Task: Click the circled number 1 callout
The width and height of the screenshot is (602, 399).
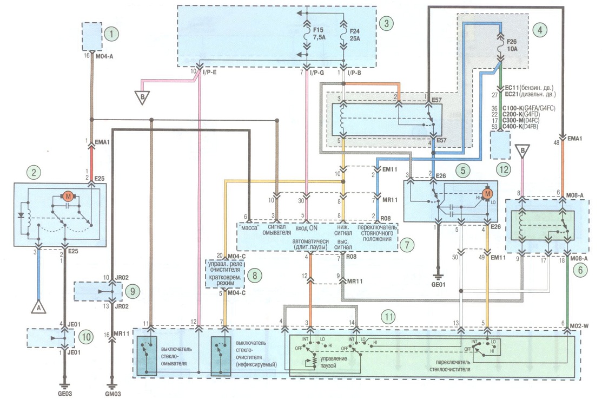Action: coord(111,34)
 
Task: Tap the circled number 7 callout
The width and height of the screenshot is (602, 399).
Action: coord(407,245)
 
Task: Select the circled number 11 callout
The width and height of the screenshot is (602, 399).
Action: coord(388,317)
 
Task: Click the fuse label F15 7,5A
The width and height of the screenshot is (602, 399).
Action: coord(319,34)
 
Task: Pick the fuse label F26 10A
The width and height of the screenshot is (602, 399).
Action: coord(512,45)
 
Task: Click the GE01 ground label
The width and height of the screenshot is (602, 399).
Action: coord(438,285)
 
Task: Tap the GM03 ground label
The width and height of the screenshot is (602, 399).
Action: coord(113,394)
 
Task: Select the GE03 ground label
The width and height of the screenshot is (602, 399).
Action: coord(64,393)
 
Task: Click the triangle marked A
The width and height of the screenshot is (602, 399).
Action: coord(38,307)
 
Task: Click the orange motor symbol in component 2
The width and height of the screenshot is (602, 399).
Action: coord(68,197)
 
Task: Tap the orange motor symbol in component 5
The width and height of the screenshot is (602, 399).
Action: coord(487,193)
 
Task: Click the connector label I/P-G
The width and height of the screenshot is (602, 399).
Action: coord(317,72)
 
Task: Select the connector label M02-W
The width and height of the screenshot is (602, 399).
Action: coord(579,326)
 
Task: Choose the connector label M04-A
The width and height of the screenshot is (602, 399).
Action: coord(104,56)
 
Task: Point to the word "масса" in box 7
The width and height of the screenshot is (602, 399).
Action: coord(249,227)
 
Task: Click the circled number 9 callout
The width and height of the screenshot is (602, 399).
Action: coord(133,291)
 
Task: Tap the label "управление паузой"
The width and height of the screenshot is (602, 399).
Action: coord(333,362)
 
